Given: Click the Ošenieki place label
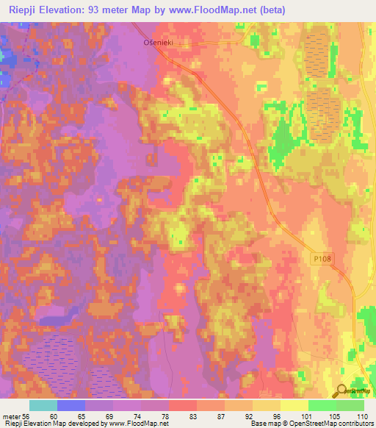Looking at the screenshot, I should pos(156,43).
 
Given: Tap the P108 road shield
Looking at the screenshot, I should pos(318,258).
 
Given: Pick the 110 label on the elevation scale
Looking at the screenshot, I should pos(363,415).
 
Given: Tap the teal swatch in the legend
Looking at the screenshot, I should pos(43,405).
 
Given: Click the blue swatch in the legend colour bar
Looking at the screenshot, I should pos(71,405).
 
